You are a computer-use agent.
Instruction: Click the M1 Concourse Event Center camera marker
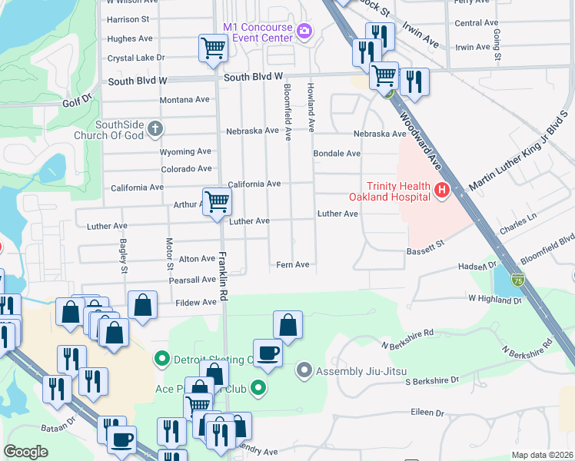(305, 32)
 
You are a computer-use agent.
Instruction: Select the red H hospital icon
(441, 191)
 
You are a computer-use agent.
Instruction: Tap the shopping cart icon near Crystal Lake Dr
(213, 48)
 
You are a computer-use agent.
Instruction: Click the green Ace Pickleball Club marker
(260, 388)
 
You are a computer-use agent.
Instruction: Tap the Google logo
(25, 451)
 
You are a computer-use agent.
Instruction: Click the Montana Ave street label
(184, 100)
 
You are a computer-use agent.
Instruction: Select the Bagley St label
(122, 256)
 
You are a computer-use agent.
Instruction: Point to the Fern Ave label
(292, 265)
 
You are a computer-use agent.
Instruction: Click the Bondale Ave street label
(337, 154)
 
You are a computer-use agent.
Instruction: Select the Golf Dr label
(77, 99)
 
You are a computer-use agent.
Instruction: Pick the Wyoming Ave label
(185, 151)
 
